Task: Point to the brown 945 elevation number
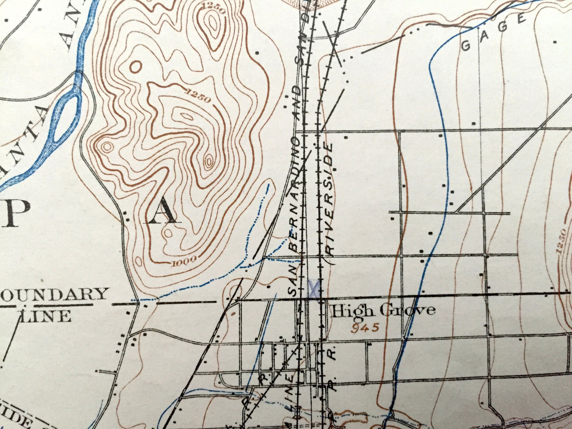[x=365, y=327]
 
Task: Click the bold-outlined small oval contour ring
[x=135, y=66]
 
